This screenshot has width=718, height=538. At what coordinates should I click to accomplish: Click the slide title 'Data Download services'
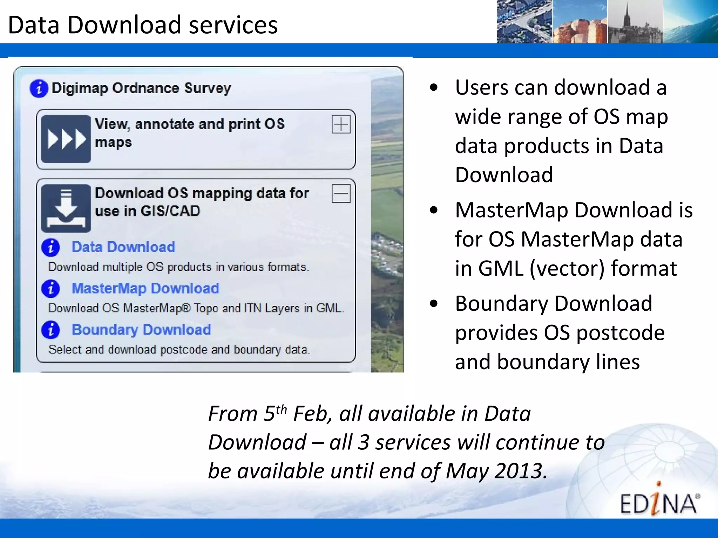click(x=143, y=25)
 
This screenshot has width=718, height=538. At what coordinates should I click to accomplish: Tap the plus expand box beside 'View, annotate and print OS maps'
click(x=341, y=124)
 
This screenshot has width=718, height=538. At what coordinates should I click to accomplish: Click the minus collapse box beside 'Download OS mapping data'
click(x=341, y=194)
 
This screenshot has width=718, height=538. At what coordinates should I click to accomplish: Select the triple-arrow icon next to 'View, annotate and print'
click(x=66, y=139)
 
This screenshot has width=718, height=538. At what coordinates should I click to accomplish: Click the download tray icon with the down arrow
click(x=66, y=208)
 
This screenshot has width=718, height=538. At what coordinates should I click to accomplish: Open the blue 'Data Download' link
click(x=123, y=247)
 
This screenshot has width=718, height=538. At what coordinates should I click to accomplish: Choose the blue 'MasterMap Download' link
click(x=145, y=289)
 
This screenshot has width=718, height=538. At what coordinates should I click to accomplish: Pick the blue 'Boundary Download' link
click(x=141, y=330)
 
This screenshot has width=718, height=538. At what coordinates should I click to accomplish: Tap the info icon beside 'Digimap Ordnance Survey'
click(x=39, y=88)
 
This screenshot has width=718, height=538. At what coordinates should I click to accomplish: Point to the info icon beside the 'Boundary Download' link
click(x=51, y=330)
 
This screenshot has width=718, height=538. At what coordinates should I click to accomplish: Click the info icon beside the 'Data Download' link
click(x=51, y=248)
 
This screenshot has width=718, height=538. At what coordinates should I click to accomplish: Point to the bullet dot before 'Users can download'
click(x=434, y=88)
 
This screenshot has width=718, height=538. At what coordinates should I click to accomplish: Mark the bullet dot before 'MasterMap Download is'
click(x=434, y=210)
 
